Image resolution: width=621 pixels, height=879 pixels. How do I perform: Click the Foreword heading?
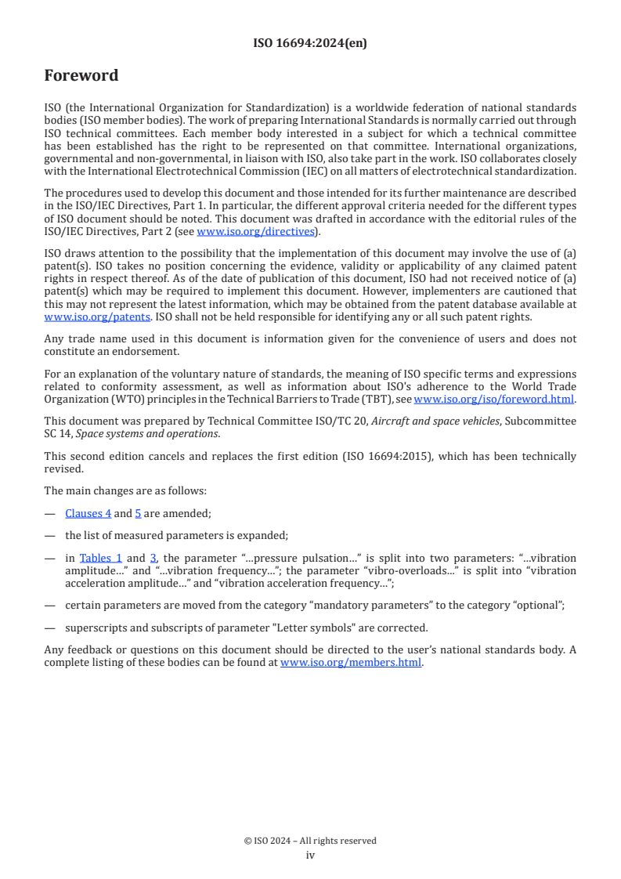[81, 76]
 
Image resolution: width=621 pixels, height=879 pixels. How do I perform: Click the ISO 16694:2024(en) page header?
[310, 44]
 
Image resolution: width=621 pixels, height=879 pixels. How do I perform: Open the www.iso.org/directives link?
[255, 232]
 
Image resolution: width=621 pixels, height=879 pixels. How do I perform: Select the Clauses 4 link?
[88, 513]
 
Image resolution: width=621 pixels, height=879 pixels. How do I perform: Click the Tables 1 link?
[101, 558]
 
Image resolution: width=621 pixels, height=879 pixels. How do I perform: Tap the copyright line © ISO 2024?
[310, 841]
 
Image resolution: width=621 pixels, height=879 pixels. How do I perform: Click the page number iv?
[310, 855]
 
